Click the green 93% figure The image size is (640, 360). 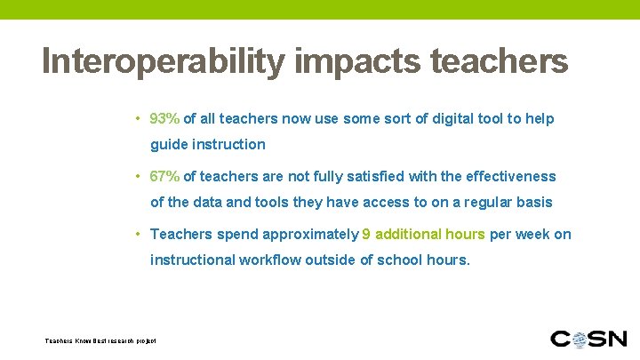point(165,119)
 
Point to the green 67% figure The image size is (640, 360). point(165,177)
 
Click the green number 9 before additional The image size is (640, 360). point(366,235)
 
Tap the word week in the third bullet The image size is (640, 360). point(533,235)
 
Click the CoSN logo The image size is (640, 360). point(589,339)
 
